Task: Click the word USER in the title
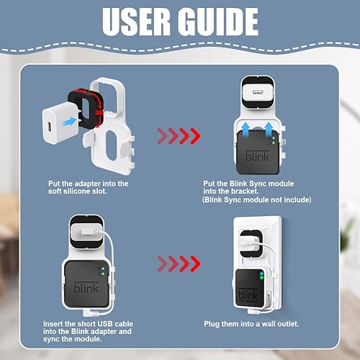[136, 22]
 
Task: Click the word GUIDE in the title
[218, 22]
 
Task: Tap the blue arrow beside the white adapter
[70, 122]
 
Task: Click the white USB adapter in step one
[57, 123]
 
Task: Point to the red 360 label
[99, 112]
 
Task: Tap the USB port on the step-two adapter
[258, 92]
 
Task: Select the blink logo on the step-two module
[258, 156]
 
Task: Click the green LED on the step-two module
[273, 143]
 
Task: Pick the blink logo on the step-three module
[86, 287]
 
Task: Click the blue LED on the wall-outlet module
[261, 274]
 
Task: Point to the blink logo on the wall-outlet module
[248, 295]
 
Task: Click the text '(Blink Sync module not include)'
[257, 199]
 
